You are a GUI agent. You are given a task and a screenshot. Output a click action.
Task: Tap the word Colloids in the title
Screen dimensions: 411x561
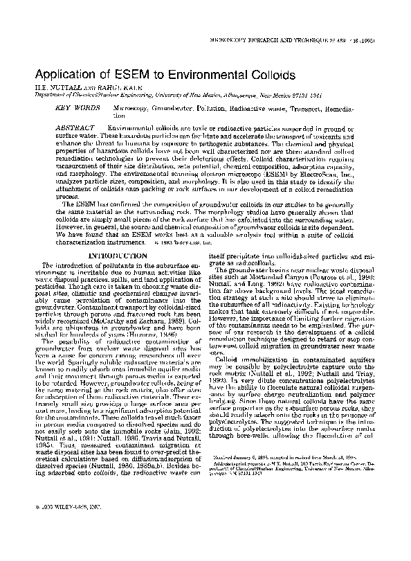(271, 75)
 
